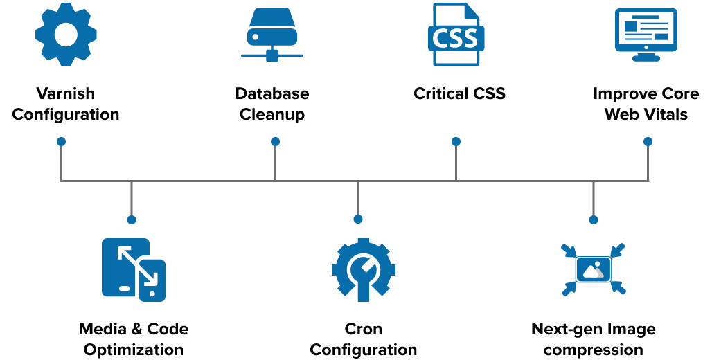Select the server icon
(x=272, y=28)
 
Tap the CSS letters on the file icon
(x=456, y=39)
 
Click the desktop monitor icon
(x=646, y=30)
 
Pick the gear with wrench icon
(x=363, y=269)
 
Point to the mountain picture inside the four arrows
(x=593, y=269)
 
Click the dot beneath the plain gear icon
(x=61, y=141)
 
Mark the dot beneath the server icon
(x=275, y=141)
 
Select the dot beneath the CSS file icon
(x=456, y=141)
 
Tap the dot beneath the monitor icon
(x=648, y=141)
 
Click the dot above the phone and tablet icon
(x=132, y=219)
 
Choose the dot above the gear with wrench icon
(x=358, y=219)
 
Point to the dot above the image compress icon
(x=594, y=219)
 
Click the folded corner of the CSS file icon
(x=472, y=10)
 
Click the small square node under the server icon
(x=272, y=55)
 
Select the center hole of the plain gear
(x=66, y=35)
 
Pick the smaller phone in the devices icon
(x=152, y=280)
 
